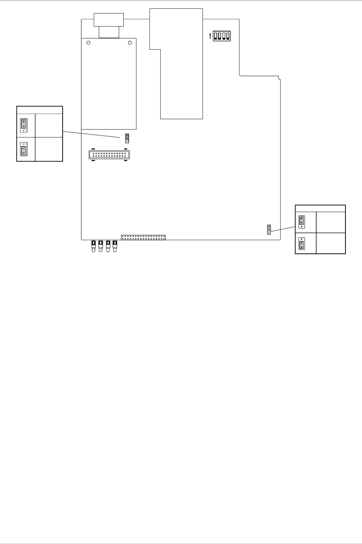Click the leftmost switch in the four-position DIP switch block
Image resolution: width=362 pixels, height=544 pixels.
click(x=216, y=36)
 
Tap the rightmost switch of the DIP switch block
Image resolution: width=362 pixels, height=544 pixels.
click(x=227, y=36)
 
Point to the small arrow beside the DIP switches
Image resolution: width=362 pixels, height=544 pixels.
click(x=210, y=36)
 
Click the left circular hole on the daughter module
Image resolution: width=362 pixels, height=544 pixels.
click(x=88, y=43)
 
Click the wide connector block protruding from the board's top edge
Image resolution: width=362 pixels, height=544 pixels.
click(x=109, y=19)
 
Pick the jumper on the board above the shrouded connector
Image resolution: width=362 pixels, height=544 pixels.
click(x=126, y=137)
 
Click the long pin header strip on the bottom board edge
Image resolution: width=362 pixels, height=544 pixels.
click(x=143, y=237)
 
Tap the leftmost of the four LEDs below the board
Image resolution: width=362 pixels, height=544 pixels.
click(x=93, y=246)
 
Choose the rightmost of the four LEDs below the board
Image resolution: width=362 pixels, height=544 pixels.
click(x=115, y=246)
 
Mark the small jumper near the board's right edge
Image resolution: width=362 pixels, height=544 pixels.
click(x=269, y=230)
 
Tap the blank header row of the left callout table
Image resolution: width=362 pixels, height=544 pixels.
click(x=40, y=110)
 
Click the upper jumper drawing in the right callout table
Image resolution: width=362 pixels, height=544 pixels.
click(x=302, y=222)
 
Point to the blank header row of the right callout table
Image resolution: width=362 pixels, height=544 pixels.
click(x=320, y=208)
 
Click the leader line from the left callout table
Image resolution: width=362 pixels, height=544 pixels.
click(x=92, y=134)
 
